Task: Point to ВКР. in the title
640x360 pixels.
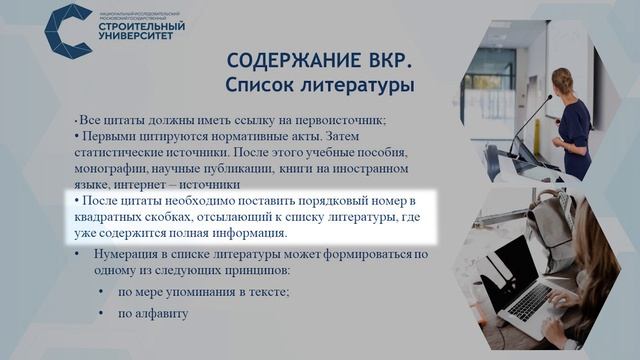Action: pos(389,62)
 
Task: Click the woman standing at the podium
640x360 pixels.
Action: pos(571,115)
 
